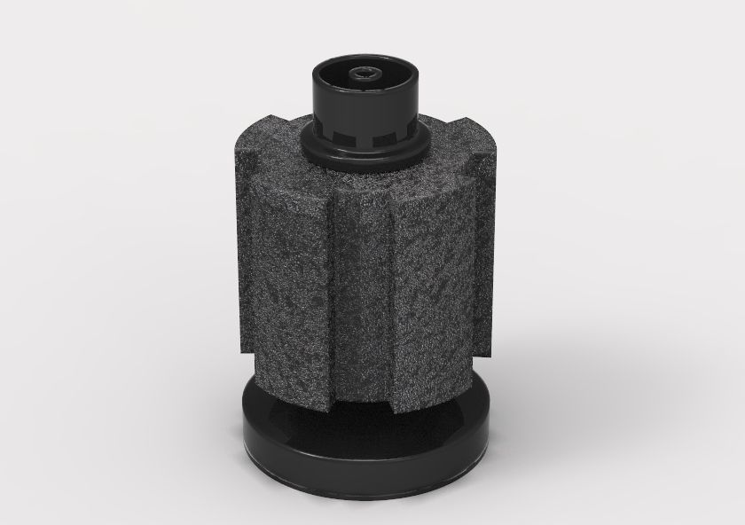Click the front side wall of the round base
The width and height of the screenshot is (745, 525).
[x=364, y=479]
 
